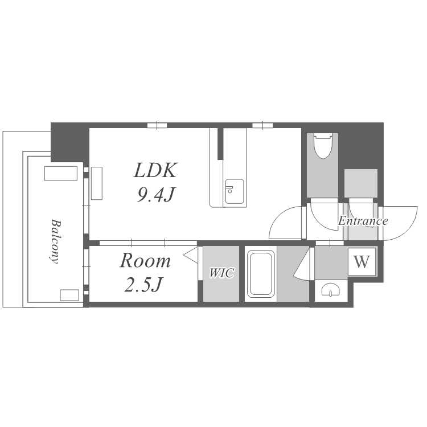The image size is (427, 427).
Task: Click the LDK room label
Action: (x=155, y=170)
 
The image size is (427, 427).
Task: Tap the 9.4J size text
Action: (x=156, y=195)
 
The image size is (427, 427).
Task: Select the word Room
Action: (x=145, y=261)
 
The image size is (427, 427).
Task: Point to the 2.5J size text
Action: (x=143, y=284)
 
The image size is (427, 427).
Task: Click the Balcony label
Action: (x=56, y=241)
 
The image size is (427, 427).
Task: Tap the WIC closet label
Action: (x=221, y=273)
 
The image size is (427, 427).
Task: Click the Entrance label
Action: (x=363, y=220)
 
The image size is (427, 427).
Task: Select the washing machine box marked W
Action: (x=362, y=262)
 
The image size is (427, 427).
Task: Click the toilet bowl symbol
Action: (x=323, y=146)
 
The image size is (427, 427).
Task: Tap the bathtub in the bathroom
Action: (x=261, y=274)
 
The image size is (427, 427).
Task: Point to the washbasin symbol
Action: (x=331, y=290)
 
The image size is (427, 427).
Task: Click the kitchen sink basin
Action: (x=234, y=191)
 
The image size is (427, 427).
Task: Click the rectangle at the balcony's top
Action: (x=61, y=174)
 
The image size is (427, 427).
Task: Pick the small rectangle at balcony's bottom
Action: (x=69, y=295)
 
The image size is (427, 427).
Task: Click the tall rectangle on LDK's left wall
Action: (x=97, y=183)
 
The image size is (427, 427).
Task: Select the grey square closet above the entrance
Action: (x=361, y=183)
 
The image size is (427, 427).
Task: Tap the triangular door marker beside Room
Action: (x=192, y=255)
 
